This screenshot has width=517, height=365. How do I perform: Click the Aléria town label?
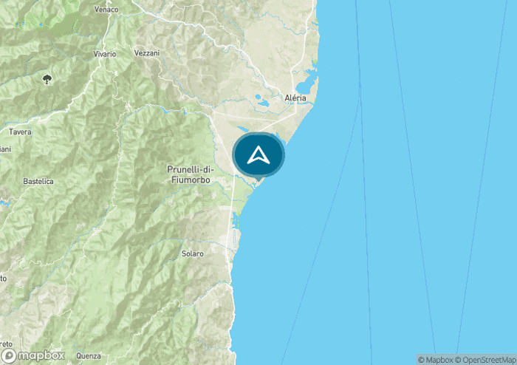(x=295, y=98)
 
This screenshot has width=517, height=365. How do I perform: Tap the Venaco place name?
(x=107, y=10)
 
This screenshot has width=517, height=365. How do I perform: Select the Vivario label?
(x=104, y=54)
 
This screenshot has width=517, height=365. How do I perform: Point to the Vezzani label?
(x=147, y=53)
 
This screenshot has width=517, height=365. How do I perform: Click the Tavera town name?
(x=19, y=132)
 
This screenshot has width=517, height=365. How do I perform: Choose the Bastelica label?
(x=38, y=180)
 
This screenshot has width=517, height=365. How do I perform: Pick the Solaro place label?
(x=192, y=253)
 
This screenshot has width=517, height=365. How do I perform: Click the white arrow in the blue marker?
(x=258, y=154)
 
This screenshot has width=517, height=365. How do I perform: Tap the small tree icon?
(x=48, y=79)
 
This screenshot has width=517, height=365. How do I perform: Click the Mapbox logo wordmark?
(x=42, y=355)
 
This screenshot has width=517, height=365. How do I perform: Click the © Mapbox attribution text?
(x=436, y=360)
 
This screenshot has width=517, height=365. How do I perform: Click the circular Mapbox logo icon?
(x=10, y=355)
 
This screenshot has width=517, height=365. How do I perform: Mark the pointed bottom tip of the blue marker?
(x=259, y=178)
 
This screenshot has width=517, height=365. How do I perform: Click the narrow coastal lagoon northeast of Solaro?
(x=236, y=219)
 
